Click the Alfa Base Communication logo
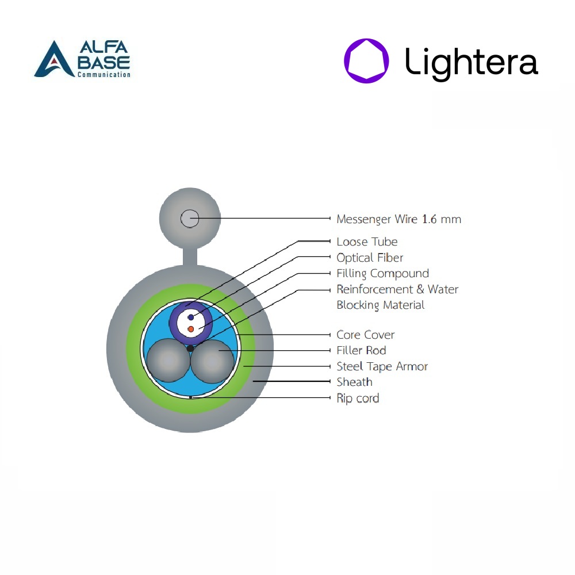pos(82,59)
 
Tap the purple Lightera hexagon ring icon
pos(366,45)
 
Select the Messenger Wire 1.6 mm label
pos(398,219)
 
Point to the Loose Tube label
pos(367,241)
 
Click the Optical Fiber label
pos(370,258)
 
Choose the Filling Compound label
pos(382,274)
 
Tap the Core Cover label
pos(366,335)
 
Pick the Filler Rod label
pos(361,351)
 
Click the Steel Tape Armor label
pos(382,366)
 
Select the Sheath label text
pos(354,382)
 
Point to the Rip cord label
pos(358,398)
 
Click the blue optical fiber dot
pos(191,317)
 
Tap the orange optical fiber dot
pos(191,329)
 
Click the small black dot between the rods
pos(190,348)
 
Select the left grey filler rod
pos(168,361)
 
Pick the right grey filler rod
pos(212,361)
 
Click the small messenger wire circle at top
pos(190,219)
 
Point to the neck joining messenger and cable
pos(190,256)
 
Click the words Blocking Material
pos(381,305)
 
